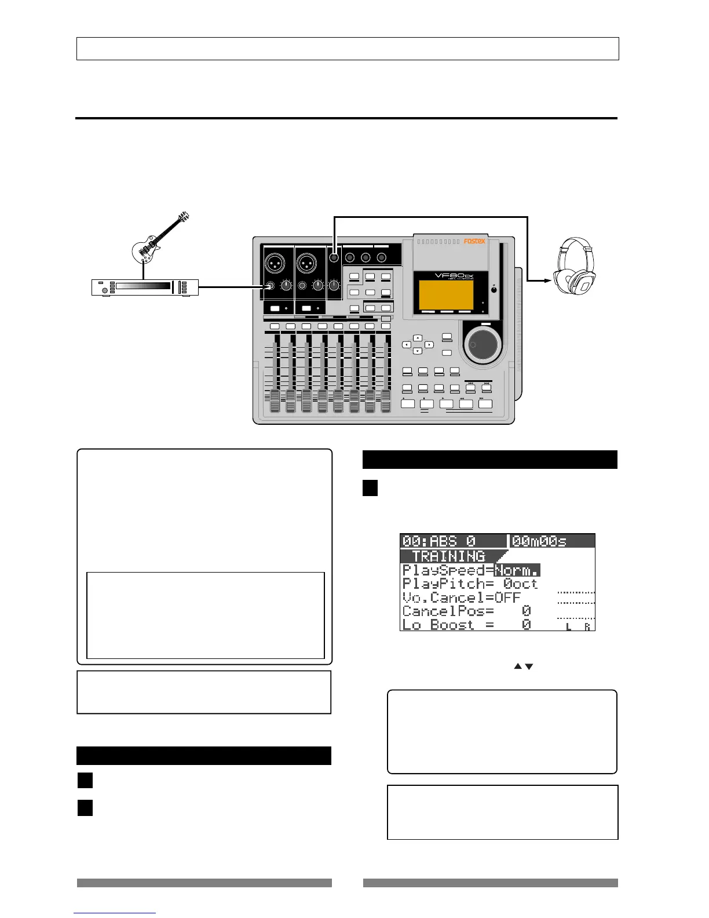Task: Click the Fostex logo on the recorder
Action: click(474, 241)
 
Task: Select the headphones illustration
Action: click(573, 267)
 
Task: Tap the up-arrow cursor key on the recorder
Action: click(417, 337)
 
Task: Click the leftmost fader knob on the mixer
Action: click(275, 400)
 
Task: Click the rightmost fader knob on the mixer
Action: click(385, 400)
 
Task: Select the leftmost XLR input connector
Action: click(275, 264)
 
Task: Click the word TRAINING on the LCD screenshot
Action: click(448, 556)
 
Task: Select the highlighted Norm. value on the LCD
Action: click(517, 570)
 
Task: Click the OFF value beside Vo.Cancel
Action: click(507, 598)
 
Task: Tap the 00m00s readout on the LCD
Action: click(539, 541)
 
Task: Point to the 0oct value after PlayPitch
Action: click(520, 584)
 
